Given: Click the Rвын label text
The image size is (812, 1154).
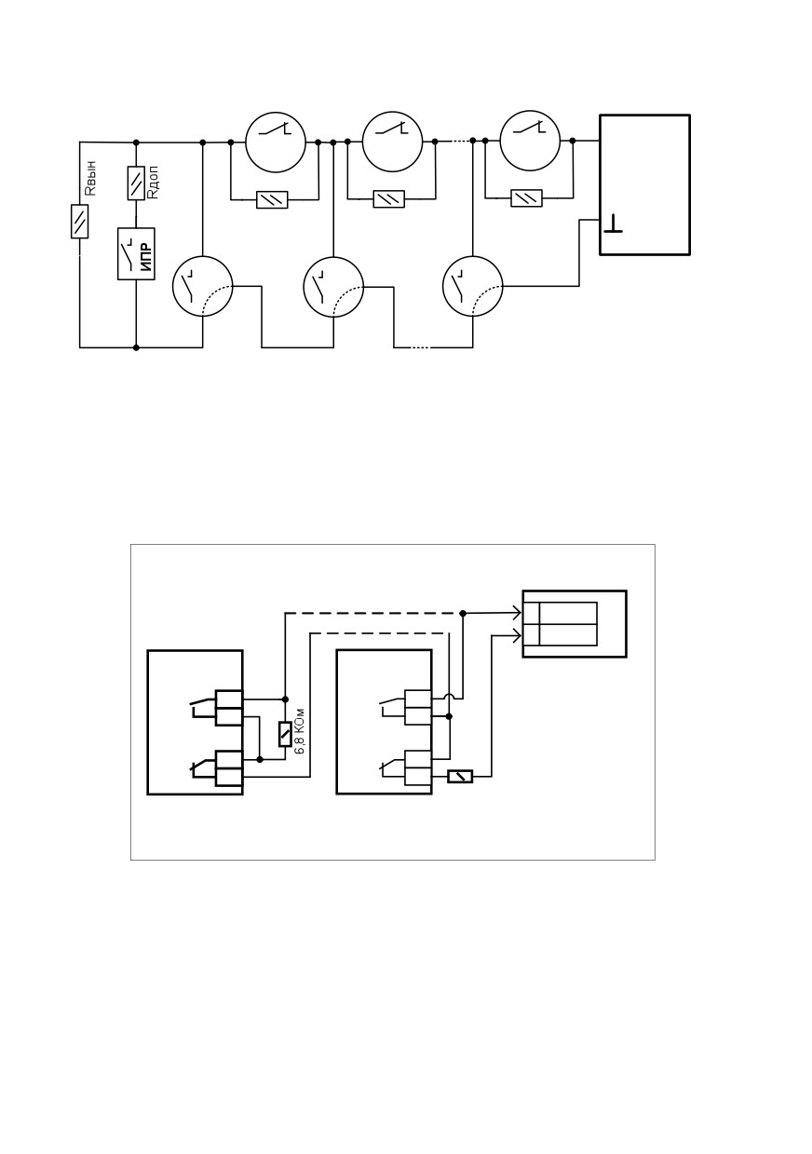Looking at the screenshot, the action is [x=90, y=178].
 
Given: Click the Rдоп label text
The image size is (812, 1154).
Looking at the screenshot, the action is [x=153, y=182].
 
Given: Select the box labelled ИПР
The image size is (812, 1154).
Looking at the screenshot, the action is [x=136, y=254].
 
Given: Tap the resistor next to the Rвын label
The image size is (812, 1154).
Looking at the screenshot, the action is [x=79, y=222].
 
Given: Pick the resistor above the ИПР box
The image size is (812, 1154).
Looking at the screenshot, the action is [x=136, y=183].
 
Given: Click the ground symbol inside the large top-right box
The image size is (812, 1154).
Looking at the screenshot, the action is [x=613, y=224].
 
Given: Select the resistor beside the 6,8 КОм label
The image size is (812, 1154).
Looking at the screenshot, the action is [x=285, y=735].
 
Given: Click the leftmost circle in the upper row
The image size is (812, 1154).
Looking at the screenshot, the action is [x=276, y=143].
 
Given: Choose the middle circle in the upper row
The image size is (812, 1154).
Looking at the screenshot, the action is [x=393, y=143].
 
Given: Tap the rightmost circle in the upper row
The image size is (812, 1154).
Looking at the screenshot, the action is [x=530, y=141].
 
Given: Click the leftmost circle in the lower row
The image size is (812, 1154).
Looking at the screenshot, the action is [x=202, y=287].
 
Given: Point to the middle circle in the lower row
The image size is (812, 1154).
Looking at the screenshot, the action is [x=333, y=287].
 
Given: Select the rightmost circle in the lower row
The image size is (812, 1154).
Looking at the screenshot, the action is [x=472, y=287].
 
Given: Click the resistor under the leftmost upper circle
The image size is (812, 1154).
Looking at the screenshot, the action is [x=272, y=199].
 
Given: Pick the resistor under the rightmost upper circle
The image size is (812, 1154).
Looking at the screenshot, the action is [x=526, y=198].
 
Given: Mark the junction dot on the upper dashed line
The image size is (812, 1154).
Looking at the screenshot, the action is [x=463, y=613].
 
